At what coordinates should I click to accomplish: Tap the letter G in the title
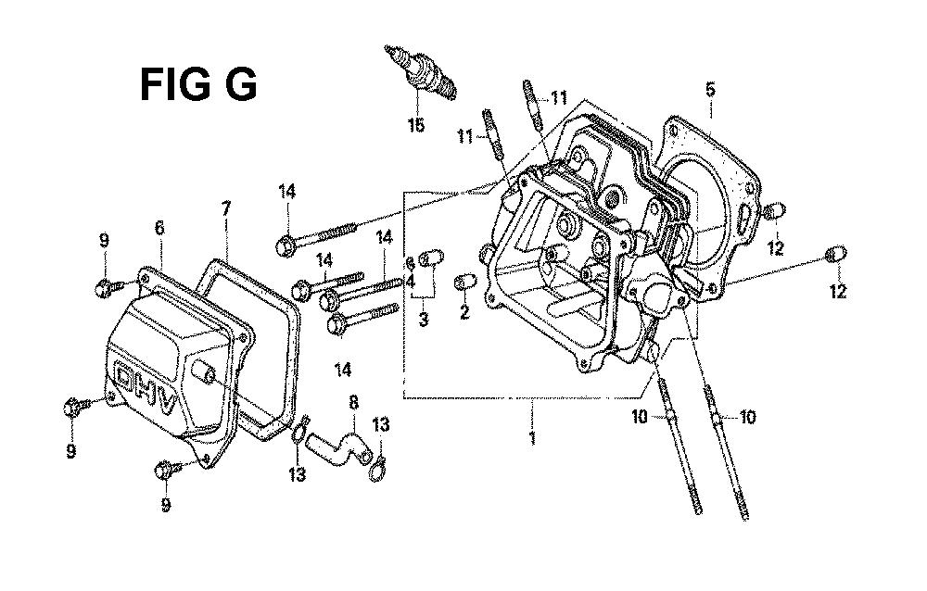pyautogui.click(x=241, y=84)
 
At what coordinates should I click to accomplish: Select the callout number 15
pyautogui.click(x=416, y=125)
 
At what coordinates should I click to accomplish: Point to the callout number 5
pyautogui.click(x=711, y=90)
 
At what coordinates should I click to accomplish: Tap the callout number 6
pyautogui.click(x=159, y=228)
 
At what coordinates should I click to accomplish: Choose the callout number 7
pyautogui.click(x=226, y=208)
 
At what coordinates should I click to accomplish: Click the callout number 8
pyautogui.click(x=353, y=403)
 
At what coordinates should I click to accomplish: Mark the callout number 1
pyautogui.click(x=533, y=438)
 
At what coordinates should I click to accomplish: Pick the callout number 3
pyautogui.click(x=424, y=320)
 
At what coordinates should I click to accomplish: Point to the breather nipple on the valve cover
pyautogui.click(x=204, y=374)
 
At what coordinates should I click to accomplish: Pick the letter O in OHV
pyautogui.click(x=125, y=376)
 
